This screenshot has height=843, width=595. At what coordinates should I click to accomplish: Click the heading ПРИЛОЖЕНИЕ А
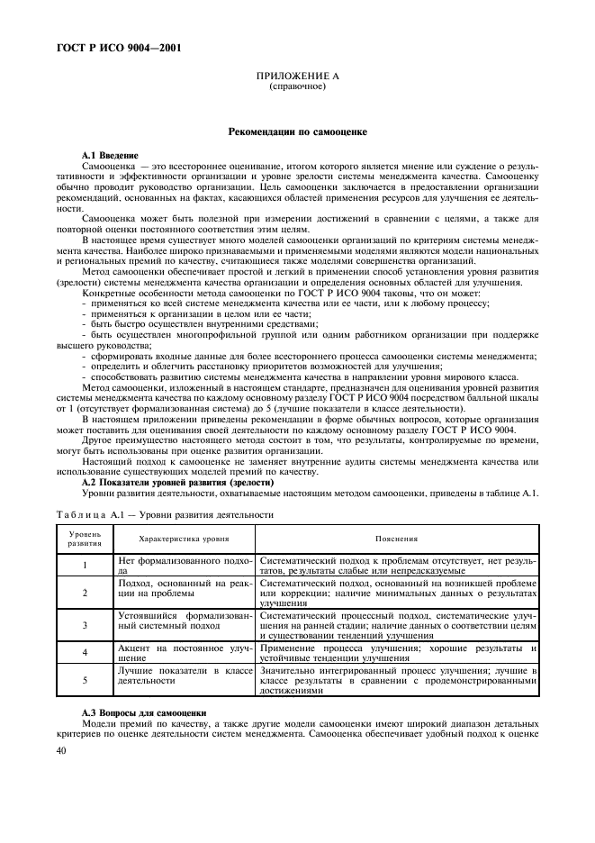297,80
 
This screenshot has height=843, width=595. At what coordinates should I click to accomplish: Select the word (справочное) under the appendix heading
297,89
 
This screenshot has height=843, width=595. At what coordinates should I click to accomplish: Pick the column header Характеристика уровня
184,539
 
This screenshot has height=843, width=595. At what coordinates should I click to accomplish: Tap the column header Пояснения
396,539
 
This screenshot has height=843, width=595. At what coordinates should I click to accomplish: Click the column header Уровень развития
85,539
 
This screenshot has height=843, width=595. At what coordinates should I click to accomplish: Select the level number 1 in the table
85,566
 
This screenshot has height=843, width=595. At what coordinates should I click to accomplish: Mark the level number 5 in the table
85,681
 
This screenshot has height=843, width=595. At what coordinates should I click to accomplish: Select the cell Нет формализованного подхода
184,566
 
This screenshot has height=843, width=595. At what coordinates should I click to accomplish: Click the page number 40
61,750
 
